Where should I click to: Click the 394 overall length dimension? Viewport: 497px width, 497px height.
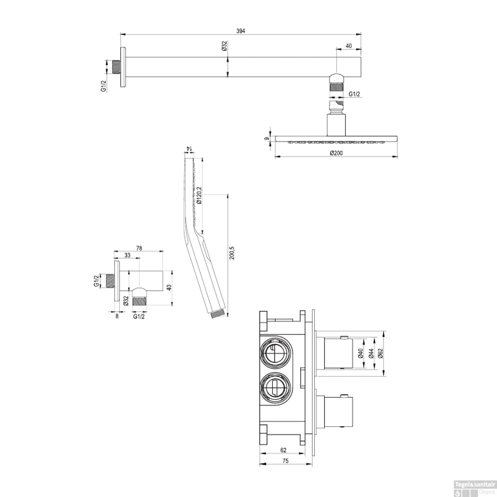241,31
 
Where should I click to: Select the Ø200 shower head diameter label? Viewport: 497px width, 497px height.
336,153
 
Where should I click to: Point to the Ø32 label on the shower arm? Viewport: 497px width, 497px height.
224,46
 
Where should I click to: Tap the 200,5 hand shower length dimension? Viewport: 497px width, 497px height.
232,252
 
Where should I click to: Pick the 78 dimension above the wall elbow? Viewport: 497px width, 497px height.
139,248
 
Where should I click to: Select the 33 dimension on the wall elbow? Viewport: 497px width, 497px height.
127,255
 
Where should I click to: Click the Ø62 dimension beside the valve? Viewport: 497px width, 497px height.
380,354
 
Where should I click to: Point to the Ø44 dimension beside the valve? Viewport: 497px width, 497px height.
371,354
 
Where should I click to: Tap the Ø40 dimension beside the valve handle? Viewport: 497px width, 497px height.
361,354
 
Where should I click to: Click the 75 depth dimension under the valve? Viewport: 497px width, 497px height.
285,461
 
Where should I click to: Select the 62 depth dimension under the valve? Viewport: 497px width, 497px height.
283,450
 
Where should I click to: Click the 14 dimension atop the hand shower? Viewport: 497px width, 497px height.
189,149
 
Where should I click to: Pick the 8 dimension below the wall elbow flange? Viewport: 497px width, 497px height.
117,316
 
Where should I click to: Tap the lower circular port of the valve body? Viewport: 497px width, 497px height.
275,388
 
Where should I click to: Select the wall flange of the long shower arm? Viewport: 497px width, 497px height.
123,68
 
